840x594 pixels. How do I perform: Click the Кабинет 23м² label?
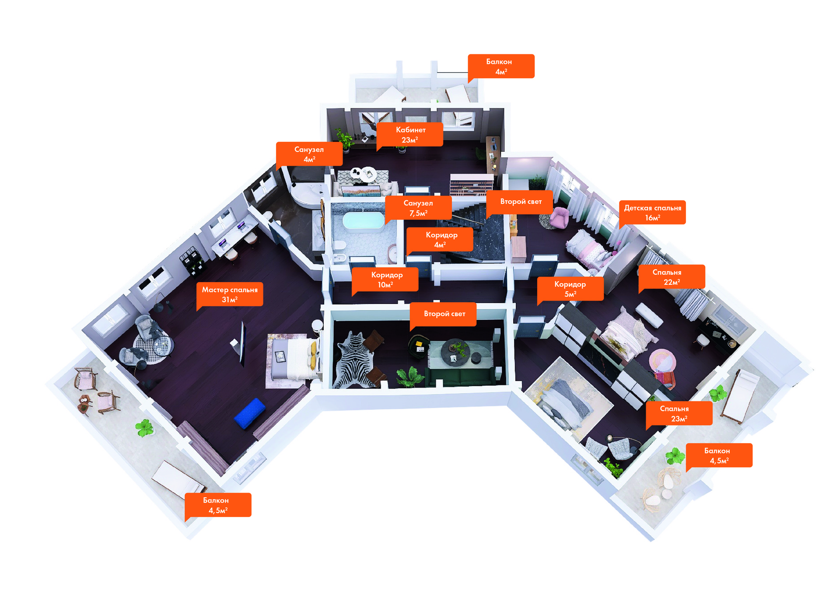coord(410,135)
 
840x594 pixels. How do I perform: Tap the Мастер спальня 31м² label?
coord(230,294)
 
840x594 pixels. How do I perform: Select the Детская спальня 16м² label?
coord(652,213)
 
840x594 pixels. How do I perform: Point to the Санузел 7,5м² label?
coord(418,208)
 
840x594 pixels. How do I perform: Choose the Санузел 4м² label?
coord(309,154)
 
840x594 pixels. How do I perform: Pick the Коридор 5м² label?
coord(570,289)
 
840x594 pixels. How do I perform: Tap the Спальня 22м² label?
coord(671,277)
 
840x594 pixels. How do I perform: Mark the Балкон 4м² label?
coord(501,66)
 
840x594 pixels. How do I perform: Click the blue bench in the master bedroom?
coord(250,413)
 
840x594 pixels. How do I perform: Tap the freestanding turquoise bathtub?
coord(363,220)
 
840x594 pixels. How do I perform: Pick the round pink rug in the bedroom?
coord(662,361)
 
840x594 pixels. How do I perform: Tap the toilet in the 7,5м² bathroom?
coord(339,247)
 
